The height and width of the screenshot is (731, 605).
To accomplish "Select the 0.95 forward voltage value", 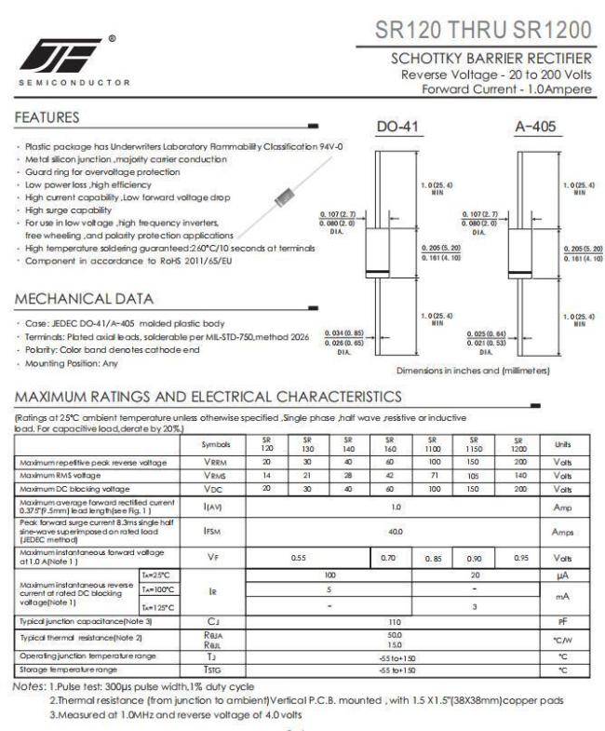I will click(520, 556).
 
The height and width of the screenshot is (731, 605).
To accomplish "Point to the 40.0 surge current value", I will click(396, 530).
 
